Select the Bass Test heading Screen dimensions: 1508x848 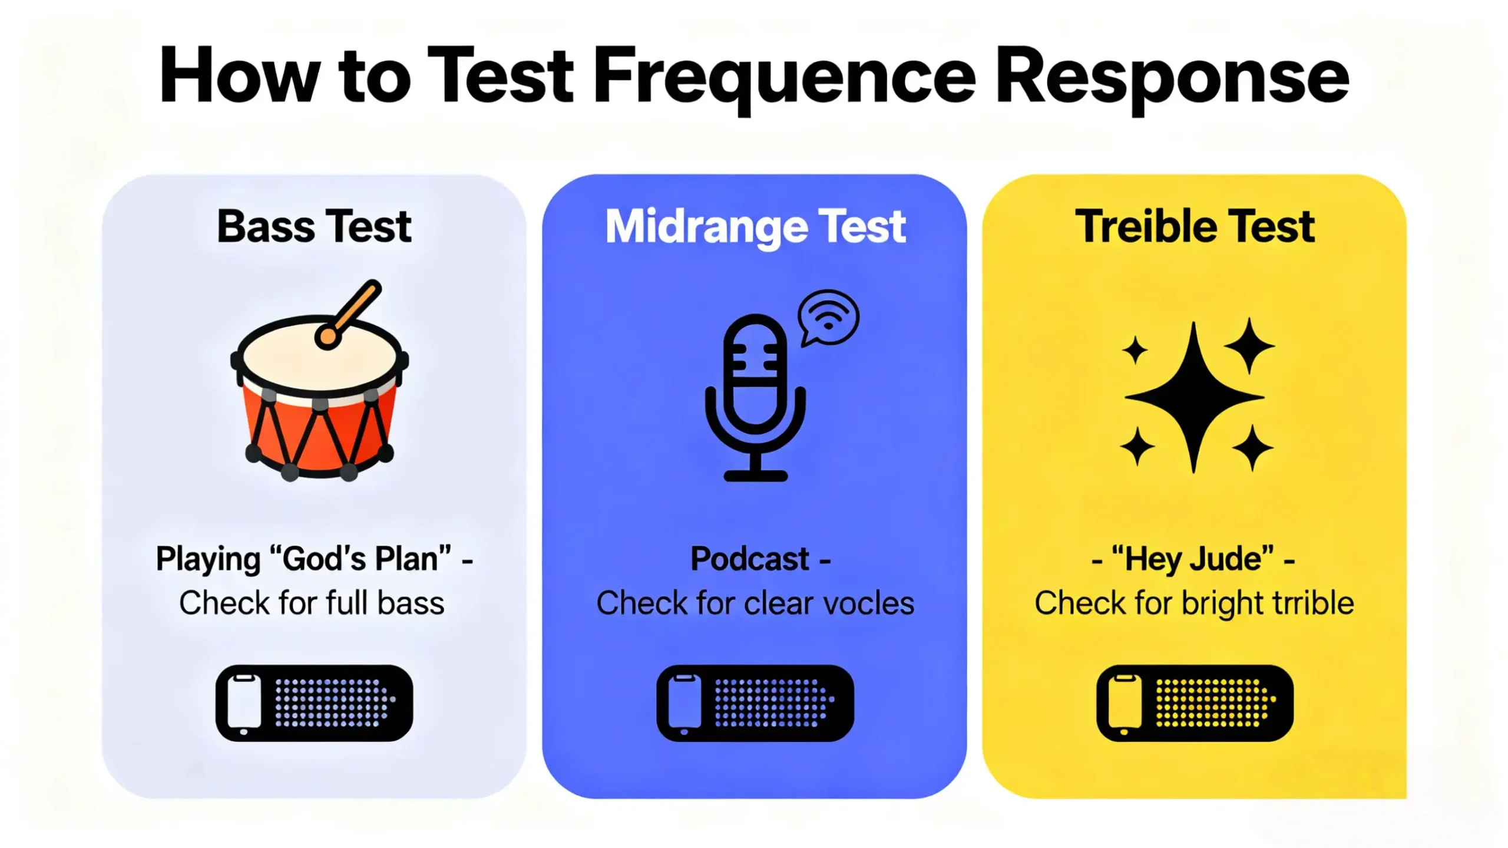click(314, 226)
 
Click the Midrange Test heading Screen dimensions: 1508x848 click(755, 227)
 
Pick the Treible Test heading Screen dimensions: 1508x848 click(1195, 226)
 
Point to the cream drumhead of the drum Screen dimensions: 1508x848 click(320, 358)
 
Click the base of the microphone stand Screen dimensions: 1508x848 click(755, 475)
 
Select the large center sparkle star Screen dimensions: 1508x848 click(1194, 398)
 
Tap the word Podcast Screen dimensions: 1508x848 click(749, 559)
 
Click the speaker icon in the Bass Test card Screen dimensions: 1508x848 click(314, 703)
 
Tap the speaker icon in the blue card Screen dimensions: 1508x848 click(755, 703)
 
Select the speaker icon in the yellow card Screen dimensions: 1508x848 click(1195, 703)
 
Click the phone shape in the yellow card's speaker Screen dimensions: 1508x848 click(1125, 704)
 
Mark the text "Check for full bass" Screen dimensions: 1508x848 click(312, 603)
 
